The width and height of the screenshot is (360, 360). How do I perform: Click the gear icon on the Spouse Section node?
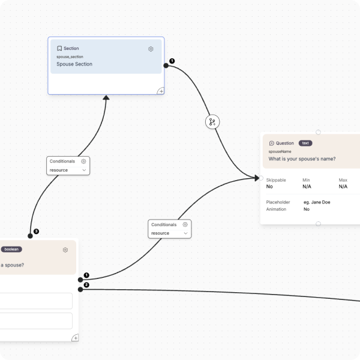(x=151, y=49)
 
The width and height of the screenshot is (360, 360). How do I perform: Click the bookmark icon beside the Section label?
(x=59, y=49)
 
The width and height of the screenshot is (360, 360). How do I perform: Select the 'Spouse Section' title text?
(x=74, y=64)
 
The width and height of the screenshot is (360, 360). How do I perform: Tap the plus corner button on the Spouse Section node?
(x=161, y=91)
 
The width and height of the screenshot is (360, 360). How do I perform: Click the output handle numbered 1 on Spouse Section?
(x=166, y=65)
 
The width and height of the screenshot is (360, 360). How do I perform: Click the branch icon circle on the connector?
(x=212, y=122)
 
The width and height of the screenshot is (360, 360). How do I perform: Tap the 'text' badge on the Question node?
(x=305, y=143)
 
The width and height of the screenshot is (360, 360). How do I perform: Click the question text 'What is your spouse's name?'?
(x=302, y=159)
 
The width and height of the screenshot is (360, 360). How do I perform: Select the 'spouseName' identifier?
(x=280, y=152)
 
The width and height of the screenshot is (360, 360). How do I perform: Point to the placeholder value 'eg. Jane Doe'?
(x=317, y=202)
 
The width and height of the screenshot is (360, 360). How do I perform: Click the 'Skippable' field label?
(x=276, y=180)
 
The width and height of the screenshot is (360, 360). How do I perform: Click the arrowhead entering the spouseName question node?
(x=257, y=178)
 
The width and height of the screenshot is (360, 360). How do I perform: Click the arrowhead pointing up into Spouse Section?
(x=106, y=98)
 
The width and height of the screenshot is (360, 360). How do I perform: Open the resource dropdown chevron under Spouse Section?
(x=84, y=170)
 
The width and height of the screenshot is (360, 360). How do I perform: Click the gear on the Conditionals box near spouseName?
(x=185, y=224)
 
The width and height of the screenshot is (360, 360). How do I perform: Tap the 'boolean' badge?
(x=11, y=250)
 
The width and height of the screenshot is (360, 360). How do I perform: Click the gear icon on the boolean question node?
(x=65, y=250)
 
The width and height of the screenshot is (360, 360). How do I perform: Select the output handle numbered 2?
(x=80, y=290)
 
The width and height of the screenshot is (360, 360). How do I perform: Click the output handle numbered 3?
(x=30, y=236)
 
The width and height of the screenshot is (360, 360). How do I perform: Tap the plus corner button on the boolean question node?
(x=76, y=338)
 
